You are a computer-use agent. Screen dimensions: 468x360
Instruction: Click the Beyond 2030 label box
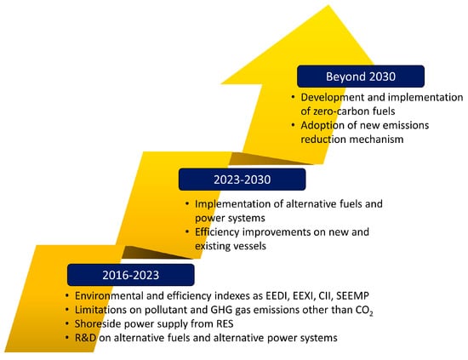tap(361, 77)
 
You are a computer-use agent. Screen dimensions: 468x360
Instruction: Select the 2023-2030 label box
tap(242, 180)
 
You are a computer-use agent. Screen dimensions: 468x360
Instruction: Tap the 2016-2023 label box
tap(131, 275)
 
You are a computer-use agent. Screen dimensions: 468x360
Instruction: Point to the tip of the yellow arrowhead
tap(328, 5)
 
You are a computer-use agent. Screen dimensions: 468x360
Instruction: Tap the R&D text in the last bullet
tap(85, 338)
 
